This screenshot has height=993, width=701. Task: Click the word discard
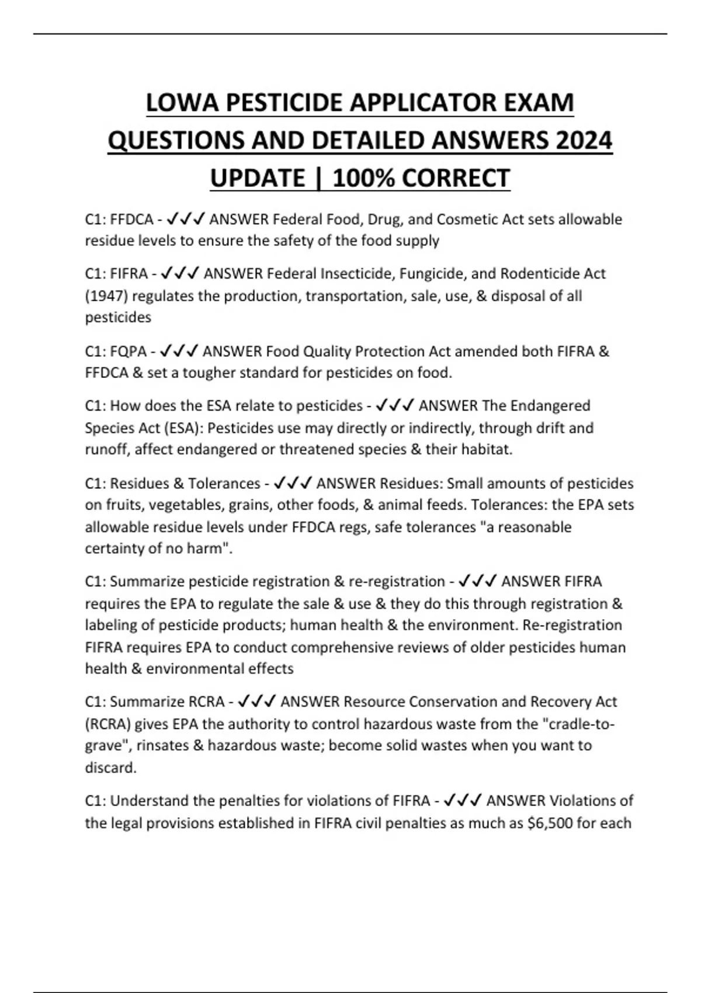[x=110, y=768]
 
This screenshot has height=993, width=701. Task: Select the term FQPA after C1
[x=129, y=352]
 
